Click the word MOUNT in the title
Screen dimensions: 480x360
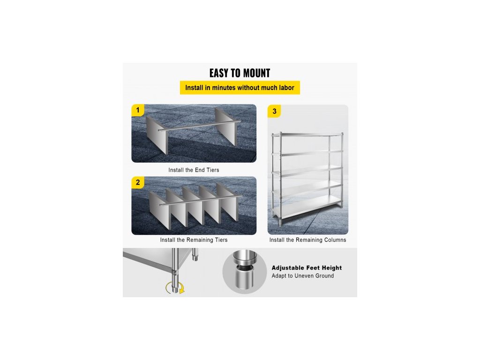click(x=255, y=73)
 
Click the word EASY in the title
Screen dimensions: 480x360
click(x=218, y=73)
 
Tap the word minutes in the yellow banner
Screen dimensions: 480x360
click(x=224, y=88)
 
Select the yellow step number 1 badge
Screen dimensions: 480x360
click(x=138, y=110)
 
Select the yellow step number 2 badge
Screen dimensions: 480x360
click(x=138, y=182)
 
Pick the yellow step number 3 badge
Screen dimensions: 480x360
click(x=274, y=112)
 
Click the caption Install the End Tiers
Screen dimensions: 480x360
click(x=194, y=170)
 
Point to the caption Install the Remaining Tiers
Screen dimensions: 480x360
click(x=194, y=240)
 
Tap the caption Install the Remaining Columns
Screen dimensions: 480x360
click(x=307, y=240)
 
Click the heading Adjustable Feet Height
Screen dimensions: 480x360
click(x=307, y=268)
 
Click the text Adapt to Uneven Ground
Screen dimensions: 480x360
click(x=303, y=276)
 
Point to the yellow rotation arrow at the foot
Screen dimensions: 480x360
click(x=175, y=288)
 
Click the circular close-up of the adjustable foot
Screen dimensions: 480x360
click(x=245, y=272)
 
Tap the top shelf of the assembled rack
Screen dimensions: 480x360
click(x=311, y=135)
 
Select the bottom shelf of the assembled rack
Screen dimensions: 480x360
click(x=307, y=208)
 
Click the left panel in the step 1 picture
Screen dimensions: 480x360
click(x=157, y=135)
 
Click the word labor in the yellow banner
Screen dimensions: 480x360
click(x=286, y=88)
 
